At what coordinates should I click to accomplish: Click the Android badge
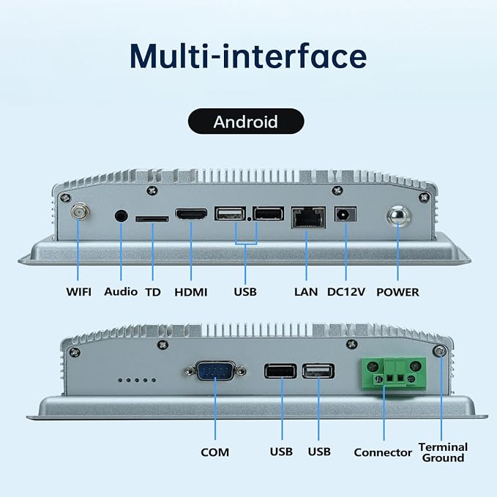point(246,122)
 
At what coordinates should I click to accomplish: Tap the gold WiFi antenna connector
point(81,211)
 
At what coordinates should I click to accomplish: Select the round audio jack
point(121,216)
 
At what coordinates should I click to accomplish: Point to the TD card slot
point(152,219)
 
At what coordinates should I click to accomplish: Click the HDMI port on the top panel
point(191,214)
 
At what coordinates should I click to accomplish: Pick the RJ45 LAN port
point(308,217)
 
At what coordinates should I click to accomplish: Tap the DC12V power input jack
point(345,214)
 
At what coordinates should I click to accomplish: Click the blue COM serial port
point(215,370)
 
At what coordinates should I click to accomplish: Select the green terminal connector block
point(394,373)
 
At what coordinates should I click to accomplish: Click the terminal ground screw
point(440,351)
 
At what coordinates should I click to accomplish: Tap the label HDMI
point(191,292)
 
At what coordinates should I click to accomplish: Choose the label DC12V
point(346,291)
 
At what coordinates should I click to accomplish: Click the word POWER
point(397,292)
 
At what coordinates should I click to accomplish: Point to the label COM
point(215,452)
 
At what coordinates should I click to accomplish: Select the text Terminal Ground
point(443,452)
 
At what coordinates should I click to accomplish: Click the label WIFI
point(78,291)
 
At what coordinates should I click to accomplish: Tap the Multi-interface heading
point(248,56)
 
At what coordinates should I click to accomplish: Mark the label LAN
point(306,291)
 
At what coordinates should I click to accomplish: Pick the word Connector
point(383,452)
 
